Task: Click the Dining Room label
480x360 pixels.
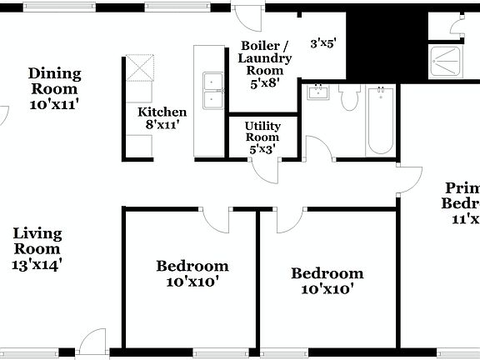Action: (54, 80)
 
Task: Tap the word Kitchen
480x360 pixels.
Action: (162, 112)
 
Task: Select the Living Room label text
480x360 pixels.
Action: (37, 240)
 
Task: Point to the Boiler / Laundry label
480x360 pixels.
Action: (265, 52)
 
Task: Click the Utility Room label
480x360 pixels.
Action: (262, 131)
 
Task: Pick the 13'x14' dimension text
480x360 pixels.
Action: (37, 264)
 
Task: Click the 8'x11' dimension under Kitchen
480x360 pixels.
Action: (162, 125)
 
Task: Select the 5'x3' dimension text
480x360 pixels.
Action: (262, 149)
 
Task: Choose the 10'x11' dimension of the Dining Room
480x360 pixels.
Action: (54, 104)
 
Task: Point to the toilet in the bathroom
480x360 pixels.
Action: (349, 98)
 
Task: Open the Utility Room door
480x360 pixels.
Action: (264, 168)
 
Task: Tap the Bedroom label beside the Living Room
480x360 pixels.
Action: (192, 267)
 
